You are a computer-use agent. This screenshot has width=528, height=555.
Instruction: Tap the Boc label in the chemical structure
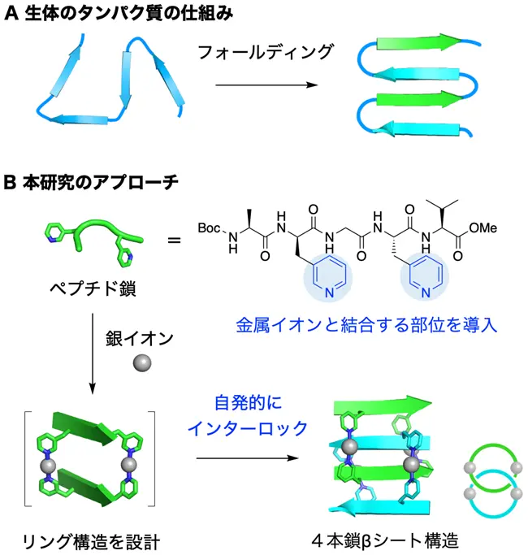210,228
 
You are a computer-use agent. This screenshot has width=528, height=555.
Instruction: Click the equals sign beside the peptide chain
173,239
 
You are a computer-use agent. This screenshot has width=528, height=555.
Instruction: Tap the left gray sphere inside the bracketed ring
48,466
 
